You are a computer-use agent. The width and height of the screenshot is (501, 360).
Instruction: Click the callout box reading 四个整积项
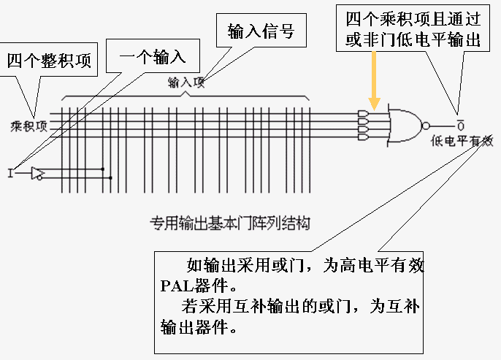coord(49,60)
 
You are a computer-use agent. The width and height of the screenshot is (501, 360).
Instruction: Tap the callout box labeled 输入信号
coord(261,31)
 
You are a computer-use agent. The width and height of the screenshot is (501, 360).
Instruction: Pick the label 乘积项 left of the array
coord(28,125)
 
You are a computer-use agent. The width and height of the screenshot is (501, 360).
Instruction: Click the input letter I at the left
coord(10,173)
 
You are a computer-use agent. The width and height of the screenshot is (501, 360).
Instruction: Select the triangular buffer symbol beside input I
coord(37,173)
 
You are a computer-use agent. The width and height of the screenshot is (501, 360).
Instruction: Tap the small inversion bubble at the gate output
coord(427,125)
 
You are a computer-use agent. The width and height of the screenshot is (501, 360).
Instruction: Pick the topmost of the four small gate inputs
coord(363,114)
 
